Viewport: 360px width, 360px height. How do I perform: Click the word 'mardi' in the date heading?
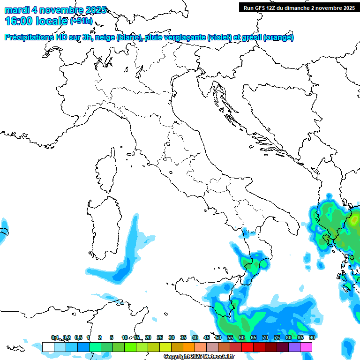(16, 10)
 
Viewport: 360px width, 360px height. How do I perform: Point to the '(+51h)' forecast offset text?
(81, 21)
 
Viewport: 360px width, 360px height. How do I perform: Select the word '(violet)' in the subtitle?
(220, 37)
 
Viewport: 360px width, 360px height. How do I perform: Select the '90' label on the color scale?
(312, 337)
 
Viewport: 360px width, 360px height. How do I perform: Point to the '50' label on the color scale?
(218, 337)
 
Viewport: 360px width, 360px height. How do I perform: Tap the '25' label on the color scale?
(160, 337)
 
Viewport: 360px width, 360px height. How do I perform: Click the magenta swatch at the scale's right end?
(306, 347)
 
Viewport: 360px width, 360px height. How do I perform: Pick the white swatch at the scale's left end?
(48, 347)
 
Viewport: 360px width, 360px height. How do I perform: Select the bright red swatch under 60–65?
(247, 347)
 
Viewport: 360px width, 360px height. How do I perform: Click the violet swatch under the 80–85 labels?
(294, 347)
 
